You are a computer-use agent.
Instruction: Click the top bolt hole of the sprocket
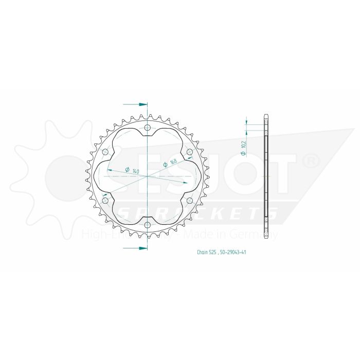click(x=148, y=128)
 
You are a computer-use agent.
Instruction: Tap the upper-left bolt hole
click(x=106, y=152)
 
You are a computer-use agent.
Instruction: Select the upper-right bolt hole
click(x=189, y=152)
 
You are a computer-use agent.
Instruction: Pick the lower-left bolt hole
click(x=106, y=200)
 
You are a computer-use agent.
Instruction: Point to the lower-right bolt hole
click(x=189, y=200)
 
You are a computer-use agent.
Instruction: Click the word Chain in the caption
click(x=202, y=253)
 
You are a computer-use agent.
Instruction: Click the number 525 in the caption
click(x=215, y=253)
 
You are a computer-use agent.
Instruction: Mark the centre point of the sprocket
click(x=148, y=176)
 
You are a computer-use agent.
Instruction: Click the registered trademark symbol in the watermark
click(x=313, y=161)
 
